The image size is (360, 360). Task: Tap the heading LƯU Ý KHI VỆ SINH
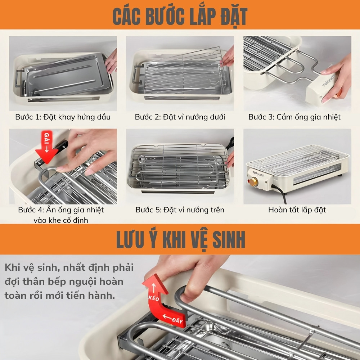[180, 239]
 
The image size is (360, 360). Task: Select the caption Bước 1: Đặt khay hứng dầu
[63, 117]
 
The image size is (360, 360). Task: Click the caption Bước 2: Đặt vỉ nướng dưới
[180, 117]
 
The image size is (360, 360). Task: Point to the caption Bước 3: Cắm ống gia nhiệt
[294, 117]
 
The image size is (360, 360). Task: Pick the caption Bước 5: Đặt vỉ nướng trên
[180, 210]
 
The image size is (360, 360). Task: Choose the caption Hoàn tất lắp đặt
[297, 210]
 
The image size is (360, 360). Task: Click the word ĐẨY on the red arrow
[173, 318]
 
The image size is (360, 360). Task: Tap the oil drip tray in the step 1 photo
[65, 77]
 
